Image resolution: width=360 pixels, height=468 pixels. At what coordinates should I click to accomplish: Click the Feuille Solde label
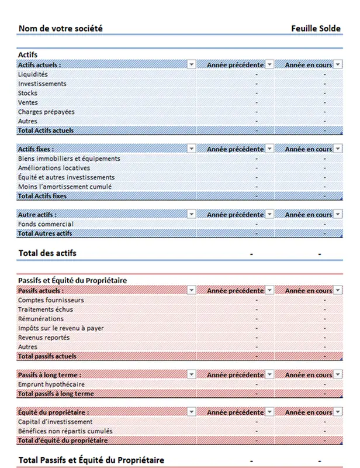(316, 29)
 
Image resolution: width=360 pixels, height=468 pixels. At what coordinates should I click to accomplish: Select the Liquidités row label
(33, 74)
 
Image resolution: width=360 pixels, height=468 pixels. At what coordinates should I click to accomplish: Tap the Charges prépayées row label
(46, 112)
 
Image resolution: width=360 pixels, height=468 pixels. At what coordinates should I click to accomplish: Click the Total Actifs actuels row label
(46, 130)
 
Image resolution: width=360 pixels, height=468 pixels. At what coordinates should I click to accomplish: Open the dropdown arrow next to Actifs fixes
(192, 149)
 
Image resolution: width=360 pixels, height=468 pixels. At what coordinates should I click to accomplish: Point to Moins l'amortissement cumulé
(65, 187)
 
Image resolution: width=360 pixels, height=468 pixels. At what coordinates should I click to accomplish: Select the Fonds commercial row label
(46, 224)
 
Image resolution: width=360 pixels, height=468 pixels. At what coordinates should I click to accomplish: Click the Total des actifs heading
(47, 253)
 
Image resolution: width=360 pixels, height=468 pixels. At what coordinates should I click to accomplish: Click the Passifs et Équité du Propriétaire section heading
(72, 280)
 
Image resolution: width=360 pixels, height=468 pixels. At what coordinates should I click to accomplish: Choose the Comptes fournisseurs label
(51, 300)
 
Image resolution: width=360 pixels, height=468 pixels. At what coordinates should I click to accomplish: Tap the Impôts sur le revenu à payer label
(61, 328)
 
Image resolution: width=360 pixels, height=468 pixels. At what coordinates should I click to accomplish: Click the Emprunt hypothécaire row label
(51, 384)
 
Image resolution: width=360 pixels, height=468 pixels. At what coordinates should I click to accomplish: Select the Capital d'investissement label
(55, 422)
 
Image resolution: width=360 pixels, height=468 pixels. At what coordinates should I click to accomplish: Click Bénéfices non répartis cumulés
(65, 431)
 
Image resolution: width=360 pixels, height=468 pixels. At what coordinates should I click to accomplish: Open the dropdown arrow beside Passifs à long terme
(192, 375)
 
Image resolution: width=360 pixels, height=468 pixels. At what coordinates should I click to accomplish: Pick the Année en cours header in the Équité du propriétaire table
(308, 412)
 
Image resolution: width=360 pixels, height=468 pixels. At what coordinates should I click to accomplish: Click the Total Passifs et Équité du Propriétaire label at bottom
(91, 460)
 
